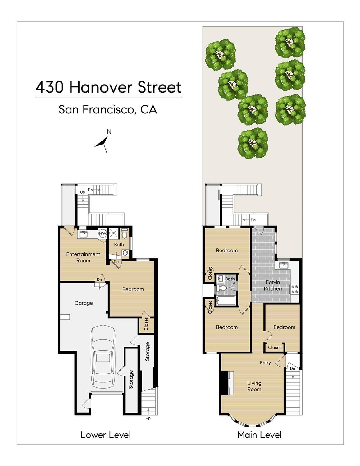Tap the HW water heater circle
(x=103, y=233)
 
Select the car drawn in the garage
(x=103, y=357)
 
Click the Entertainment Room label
(x=83, y=257)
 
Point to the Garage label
(x=84, y=303)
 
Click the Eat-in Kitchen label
(x=273, y=285)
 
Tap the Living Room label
(x=254, y=386)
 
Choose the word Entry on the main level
(x=265, y=363)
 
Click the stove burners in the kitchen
(x=294, y=289)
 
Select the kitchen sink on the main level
(x=284, y=265)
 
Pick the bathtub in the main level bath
(x=226, y=301)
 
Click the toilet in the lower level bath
(x=124, y=233)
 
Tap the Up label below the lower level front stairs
(x=148, y=418)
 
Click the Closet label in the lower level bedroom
(x=146, y=324)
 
